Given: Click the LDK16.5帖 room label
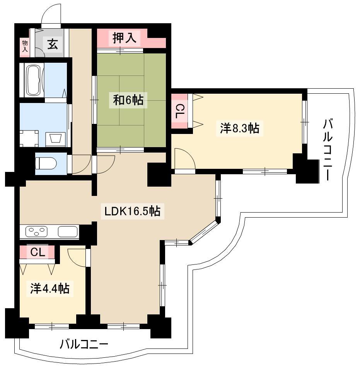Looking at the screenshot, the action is pyautogui.click(x=132, y=211).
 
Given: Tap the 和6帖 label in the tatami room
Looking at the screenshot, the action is pyautogui.click(x=128, y=100).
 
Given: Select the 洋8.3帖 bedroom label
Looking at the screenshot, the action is pyautogui.click(x=240, y=129).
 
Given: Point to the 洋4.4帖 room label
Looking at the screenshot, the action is pyautogui.click(x=50, y=288).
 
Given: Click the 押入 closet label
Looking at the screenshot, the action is pyautogui.click(x=124, y=38).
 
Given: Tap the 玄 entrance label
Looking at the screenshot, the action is pyautogui.click(x=53, y=45).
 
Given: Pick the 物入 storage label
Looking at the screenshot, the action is pyautogui.click(x=25, y=46).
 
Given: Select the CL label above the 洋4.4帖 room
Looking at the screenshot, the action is pyautogui.click(x=38, y=252).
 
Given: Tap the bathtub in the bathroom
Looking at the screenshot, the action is pyautogui.click(x=34, y=80).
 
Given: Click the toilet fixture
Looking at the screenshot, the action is pyautogui.click(x=46, y=163).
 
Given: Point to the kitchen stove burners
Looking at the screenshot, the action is pyautogui.click(x=36, y=231).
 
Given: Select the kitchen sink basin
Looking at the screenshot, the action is pyautogui.click(x=68, y=231).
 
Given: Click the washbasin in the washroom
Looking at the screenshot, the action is pyautogui.click(x=55, y=138).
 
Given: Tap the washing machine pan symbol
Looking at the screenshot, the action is pyautogui.click(x=29, y=139).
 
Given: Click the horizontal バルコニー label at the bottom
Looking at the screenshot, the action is pyautogui.click(x=84, y=345).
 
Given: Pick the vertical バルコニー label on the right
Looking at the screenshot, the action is pyautogui.click(x=328, y=150).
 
